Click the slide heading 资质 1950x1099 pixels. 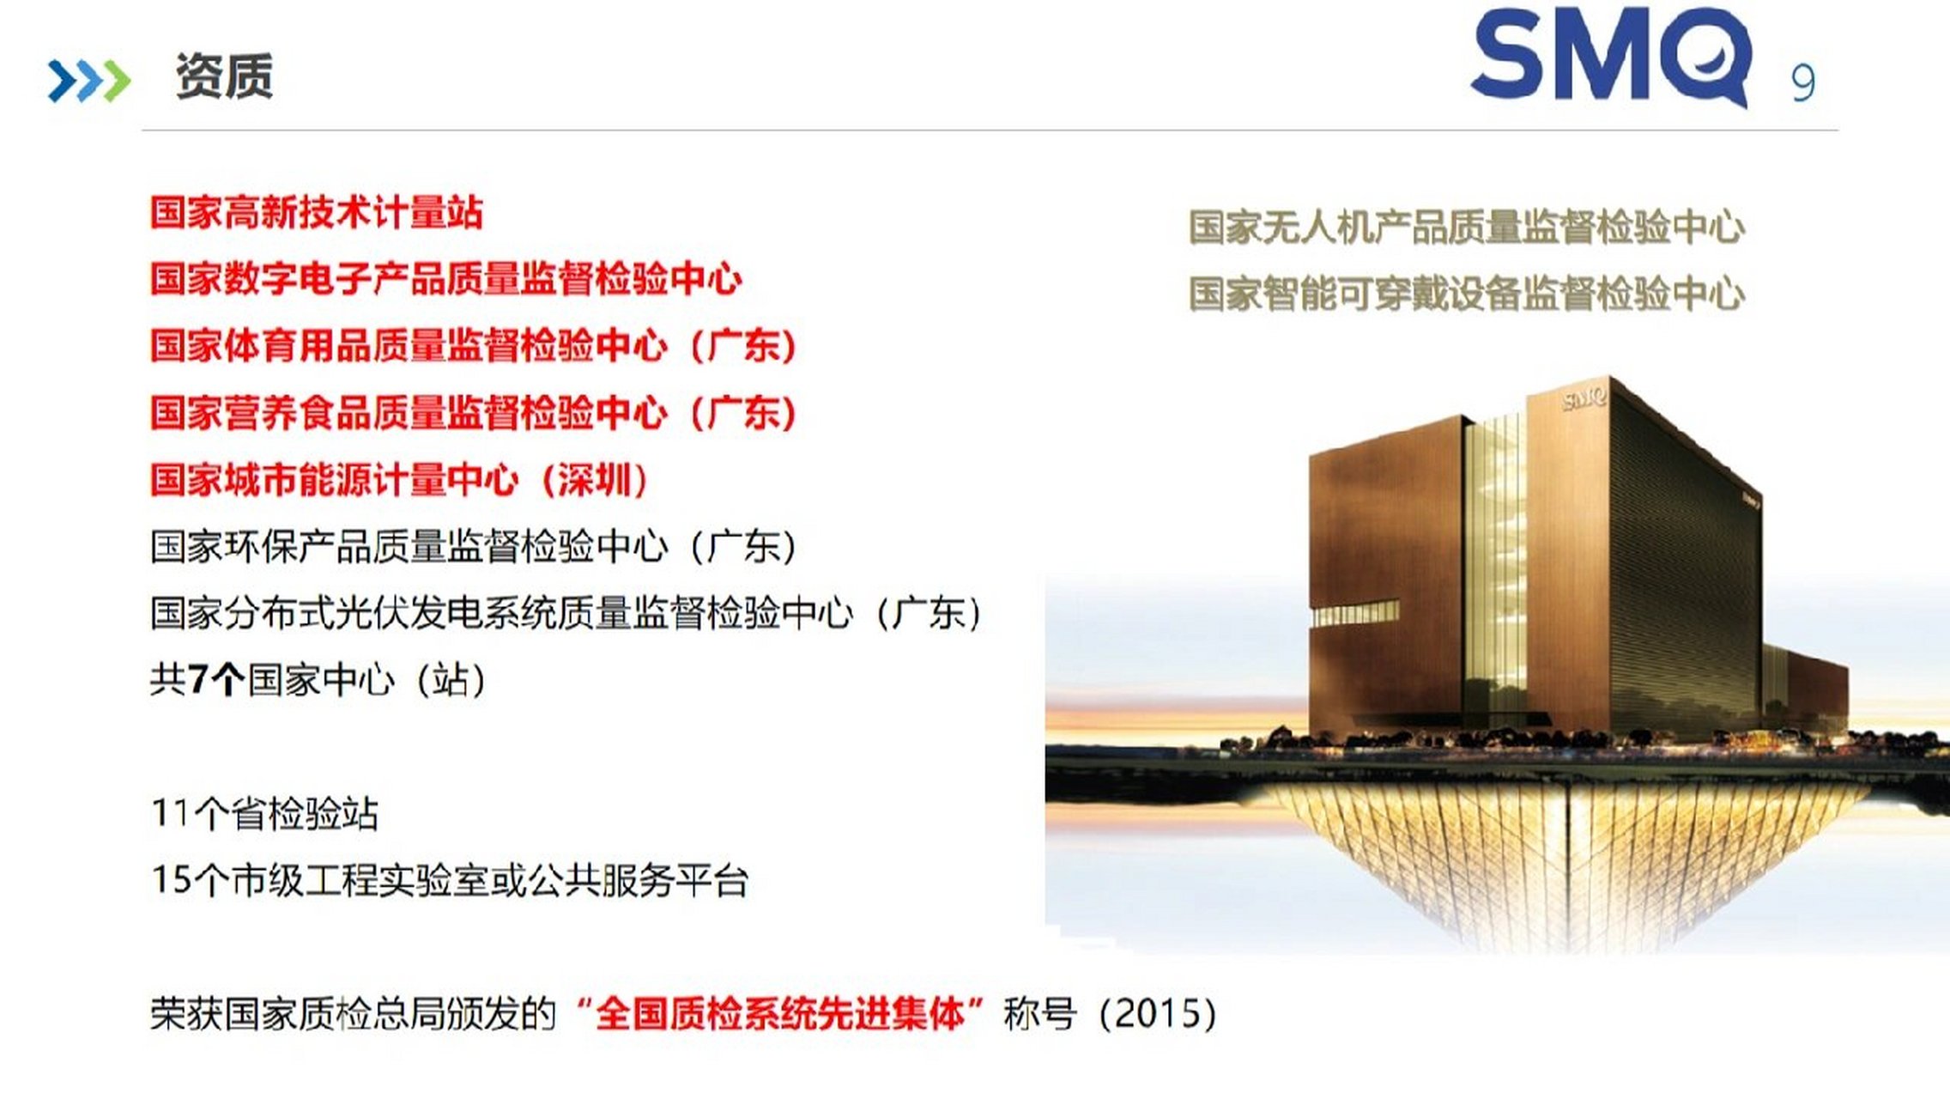(224, 76)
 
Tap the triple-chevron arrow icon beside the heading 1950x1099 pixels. (89, 81)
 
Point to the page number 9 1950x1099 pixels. (1803, 83)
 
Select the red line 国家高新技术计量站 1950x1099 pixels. (317, 212)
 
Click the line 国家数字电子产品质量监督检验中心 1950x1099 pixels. (446, 279)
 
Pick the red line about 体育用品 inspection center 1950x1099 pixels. (474, 345)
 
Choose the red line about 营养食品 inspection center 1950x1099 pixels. (474, 412)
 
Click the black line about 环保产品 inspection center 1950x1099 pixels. (474, 546)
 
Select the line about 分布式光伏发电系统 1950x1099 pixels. (566, 613)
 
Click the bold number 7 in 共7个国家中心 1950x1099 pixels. (198, 680)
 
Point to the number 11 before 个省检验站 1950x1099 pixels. (170, 812)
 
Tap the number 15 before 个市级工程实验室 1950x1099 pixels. (170, 879)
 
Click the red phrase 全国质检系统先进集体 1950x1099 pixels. (779, 1014)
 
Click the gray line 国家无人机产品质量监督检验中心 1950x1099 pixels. (1467, 228)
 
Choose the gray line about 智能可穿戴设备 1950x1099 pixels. (1467, 294)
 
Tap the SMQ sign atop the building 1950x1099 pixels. (1584, 398)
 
